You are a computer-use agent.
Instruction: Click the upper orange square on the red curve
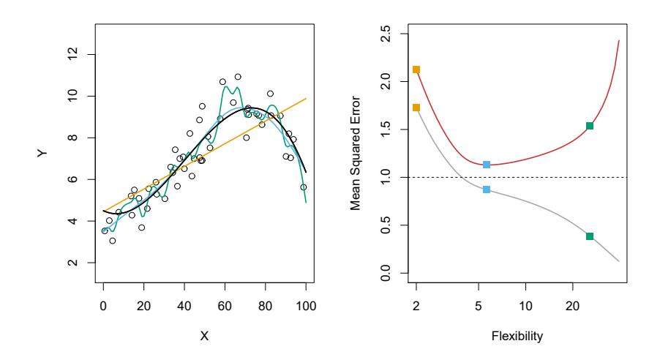click(416, 70)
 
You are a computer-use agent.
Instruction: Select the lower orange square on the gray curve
click(416, 108)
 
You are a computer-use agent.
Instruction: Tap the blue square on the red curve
click(487, 165)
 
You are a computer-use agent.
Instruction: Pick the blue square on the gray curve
click(487, 190)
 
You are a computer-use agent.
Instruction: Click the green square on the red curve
click(590, 126)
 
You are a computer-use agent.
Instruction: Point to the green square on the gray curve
click(590, 236)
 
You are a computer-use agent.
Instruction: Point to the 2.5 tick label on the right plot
click(387, 33)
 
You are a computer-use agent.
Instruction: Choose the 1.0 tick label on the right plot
click(387, 177)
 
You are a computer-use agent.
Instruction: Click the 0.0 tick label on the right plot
click(387, 273)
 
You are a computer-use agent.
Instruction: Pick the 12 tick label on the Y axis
click(72, 55)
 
